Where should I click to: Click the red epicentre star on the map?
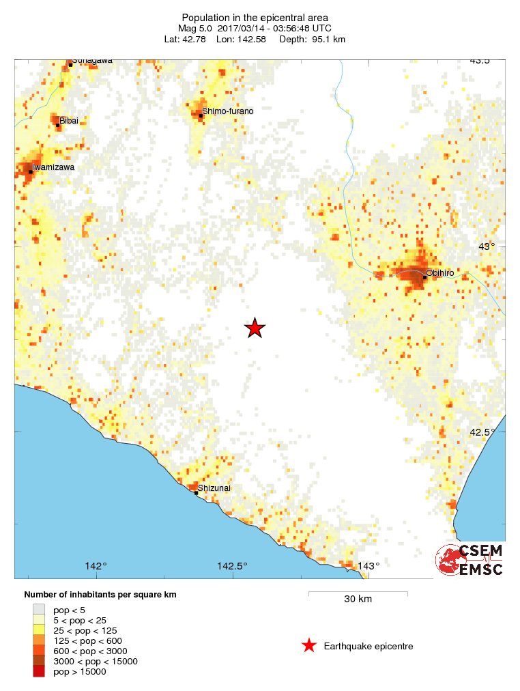(x=255, y=328)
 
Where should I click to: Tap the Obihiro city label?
(x=439, y=274)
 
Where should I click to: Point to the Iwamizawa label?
(x=53, y=167)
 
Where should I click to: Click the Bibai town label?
(x=69, y=121)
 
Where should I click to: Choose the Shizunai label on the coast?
(x=214, y=488)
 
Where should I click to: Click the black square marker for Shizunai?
(x=197, y=492)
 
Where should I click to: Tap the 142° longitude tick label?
(x=96, y=566)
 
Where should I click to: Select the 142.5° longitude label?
(x=232, y=566)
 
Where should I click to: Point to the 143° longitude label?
(x=369, y=566)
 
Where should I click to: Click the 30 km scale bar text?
(x=358, y=600)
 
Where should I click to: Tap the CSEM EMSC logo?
(x=470, y=560)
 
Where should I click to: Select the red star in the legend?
(x=308, y=645)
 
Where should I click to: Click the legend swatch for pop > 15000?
(x=39, y=672)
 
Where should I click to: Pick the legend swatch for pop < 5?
(x=39, y=609)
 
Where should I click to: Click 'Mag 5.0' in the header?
(x=195, y=28)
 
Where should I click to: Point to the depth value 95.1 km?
(x=329, y=39)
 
